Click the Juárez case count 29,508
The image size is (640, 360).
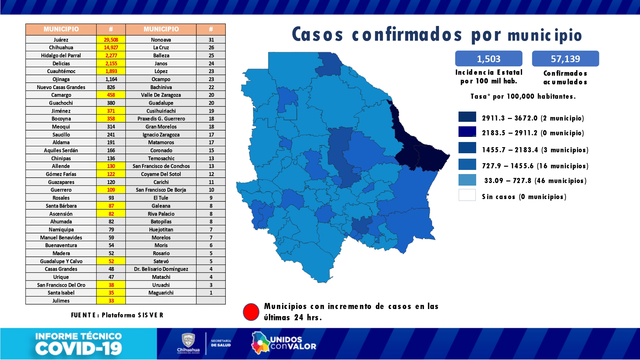coord(111,40)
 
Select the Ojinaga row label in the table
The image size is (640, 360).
coord(61,79)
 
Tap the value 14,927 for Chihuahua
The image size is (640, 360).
coord(111,47)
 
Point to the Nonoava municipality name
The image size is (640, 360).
coord(161,40)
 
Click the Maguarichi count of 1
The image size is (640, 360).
coord(211,293)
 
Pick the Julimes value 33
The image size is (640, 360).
coord(111,301)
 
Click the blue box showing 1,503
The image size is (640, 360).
coord(488,59)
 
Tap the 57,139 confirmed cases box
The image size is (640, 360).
coord(565,59)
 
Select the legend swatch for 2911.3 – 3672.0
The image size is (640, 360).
coord(467,117)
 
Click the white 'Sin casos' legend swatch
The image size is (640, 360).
coord(467,195)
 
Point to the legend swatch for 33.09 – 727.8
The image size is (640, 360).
coord(467,180)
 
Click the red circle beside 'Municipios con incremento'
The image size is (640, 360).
coord(251,312)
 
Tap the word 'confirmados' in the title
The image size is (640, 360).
coord(407,35)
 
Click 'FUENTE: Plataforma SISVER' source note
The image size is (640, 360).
coord(117,315)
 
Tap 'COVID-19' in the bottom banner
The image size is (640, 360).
coord(79,348)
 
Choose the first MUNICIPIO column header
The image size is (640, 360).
coord(61,29)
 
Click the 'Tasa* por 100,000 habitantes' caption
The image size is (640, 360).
coord(523,96)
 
